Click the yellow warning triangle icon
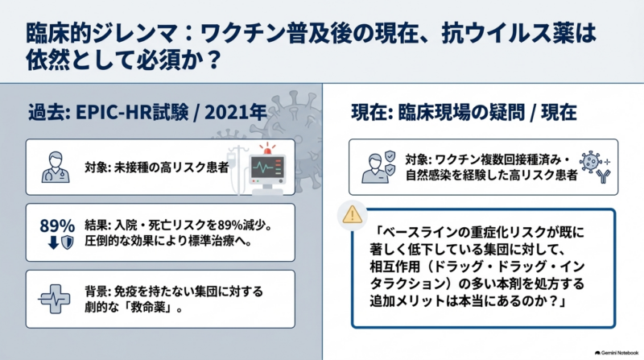pyautogui.click(x=353, y=215)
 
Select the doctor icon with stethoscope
pyautogui.click(x=56, y=168)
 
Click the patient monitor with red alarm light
pyautogui.click(x=267, y=168)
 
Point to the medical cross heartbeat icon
pyautogui.click(x=54, y=299)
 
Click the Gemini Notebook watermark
pyautogui.click(x=617, y=353)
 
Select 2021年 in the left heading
pyautogui.click(x=235, y=112)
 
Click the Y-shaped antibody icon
pyautogui.click(x=604, y=176)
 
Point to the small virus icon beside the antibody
pyautogui.click(x=591, y=161)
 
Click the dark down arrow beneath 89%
pyautogui.click(x=53, y=243)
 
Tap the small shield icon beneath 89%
pyautogui.click(x=68, y=242)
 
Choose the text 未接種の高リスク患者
pyautogui.click(x=171, y=168)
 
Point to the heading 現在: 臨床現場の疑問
pyautogui.click(x=438, y=112)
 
